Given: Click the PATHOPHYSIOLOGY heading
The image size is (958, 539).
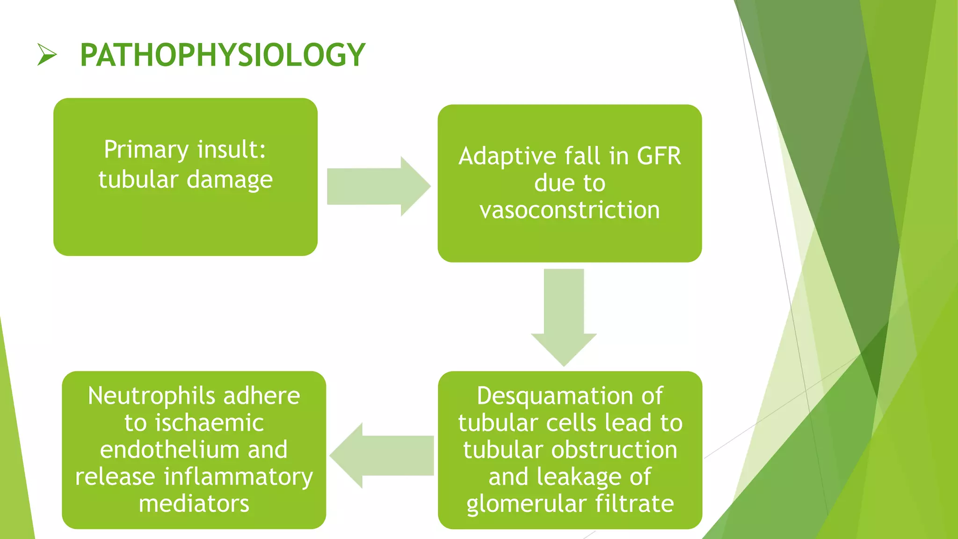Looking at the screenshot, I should (222, 55).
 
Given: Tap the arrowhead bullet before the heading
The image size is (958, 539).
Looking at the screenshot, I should (47, 55).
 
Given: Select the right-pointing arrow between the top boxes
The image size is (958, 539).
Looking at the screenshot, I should (378, 186).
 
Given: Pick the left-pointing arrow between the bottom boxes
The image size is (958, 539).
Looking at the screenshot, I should (382, 456).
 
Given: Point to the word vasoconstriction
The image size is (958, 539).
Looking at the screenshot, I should (569, 210).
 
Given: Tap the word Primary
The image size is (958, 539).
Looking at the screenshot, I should (146, 150).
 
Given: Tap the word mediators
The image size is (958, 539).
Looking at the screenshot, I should (194, 504).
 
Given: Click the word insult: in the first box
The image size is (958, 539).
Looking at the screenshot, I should (232, 150).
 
